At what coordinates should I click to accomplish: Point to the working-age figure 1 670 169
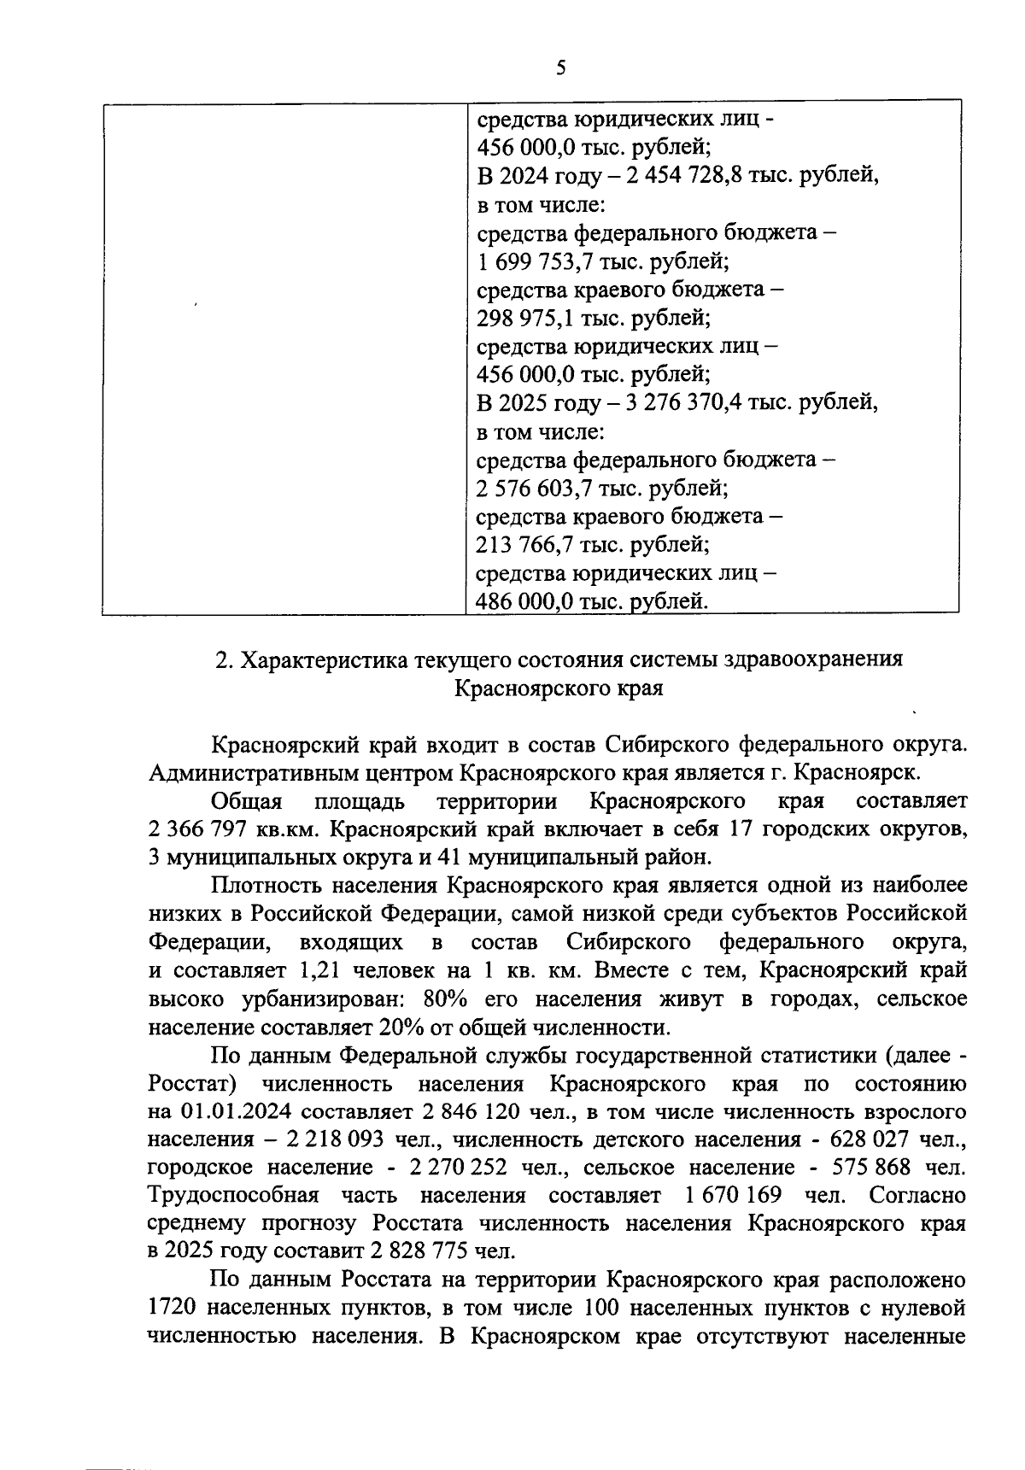(x=729, y=1195)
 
